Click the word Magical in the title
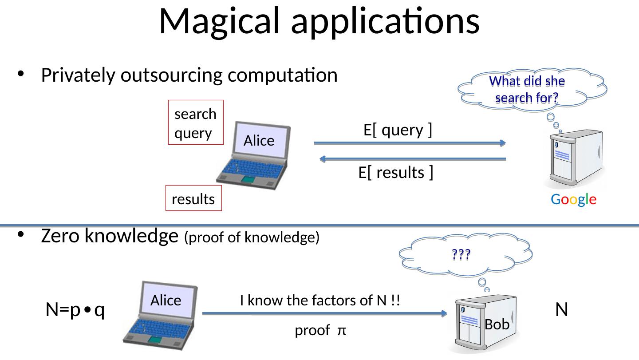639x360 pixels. point(219,22)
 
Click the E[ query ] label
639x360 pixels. point(398,131)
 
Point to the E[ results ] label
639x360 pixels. point(396,173)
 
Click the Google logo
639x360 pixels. point(573,199)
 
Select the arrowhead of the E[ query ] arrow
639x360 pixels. point(503,143)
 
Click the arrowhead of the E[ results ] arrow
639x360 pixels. point(323,159)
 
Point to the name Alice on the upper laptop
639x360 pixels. point(259,141)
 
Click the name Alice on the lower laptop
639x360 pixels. point(166,301)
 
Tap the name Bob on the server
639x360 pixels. point(497,324)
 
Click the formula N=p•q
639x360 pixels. point(75,310)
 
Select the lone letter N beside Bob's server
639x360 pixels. point(562,309)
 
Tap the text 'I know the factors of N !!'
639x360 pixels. point(320,301)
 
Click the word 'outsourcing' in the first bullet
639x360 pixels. point(171,76)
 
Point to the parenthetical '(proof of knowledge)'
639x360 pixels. point(252,237)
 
